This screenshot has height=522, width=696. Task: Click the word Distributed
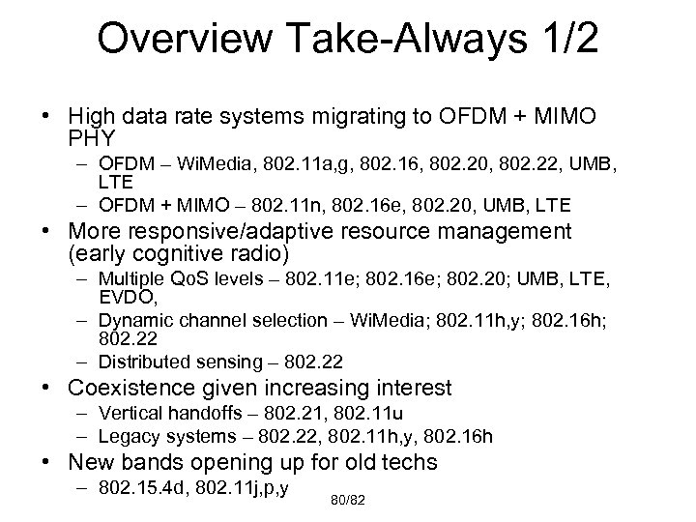[142, 362]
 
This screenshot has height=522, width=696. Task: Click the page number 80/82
[348, 502]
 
